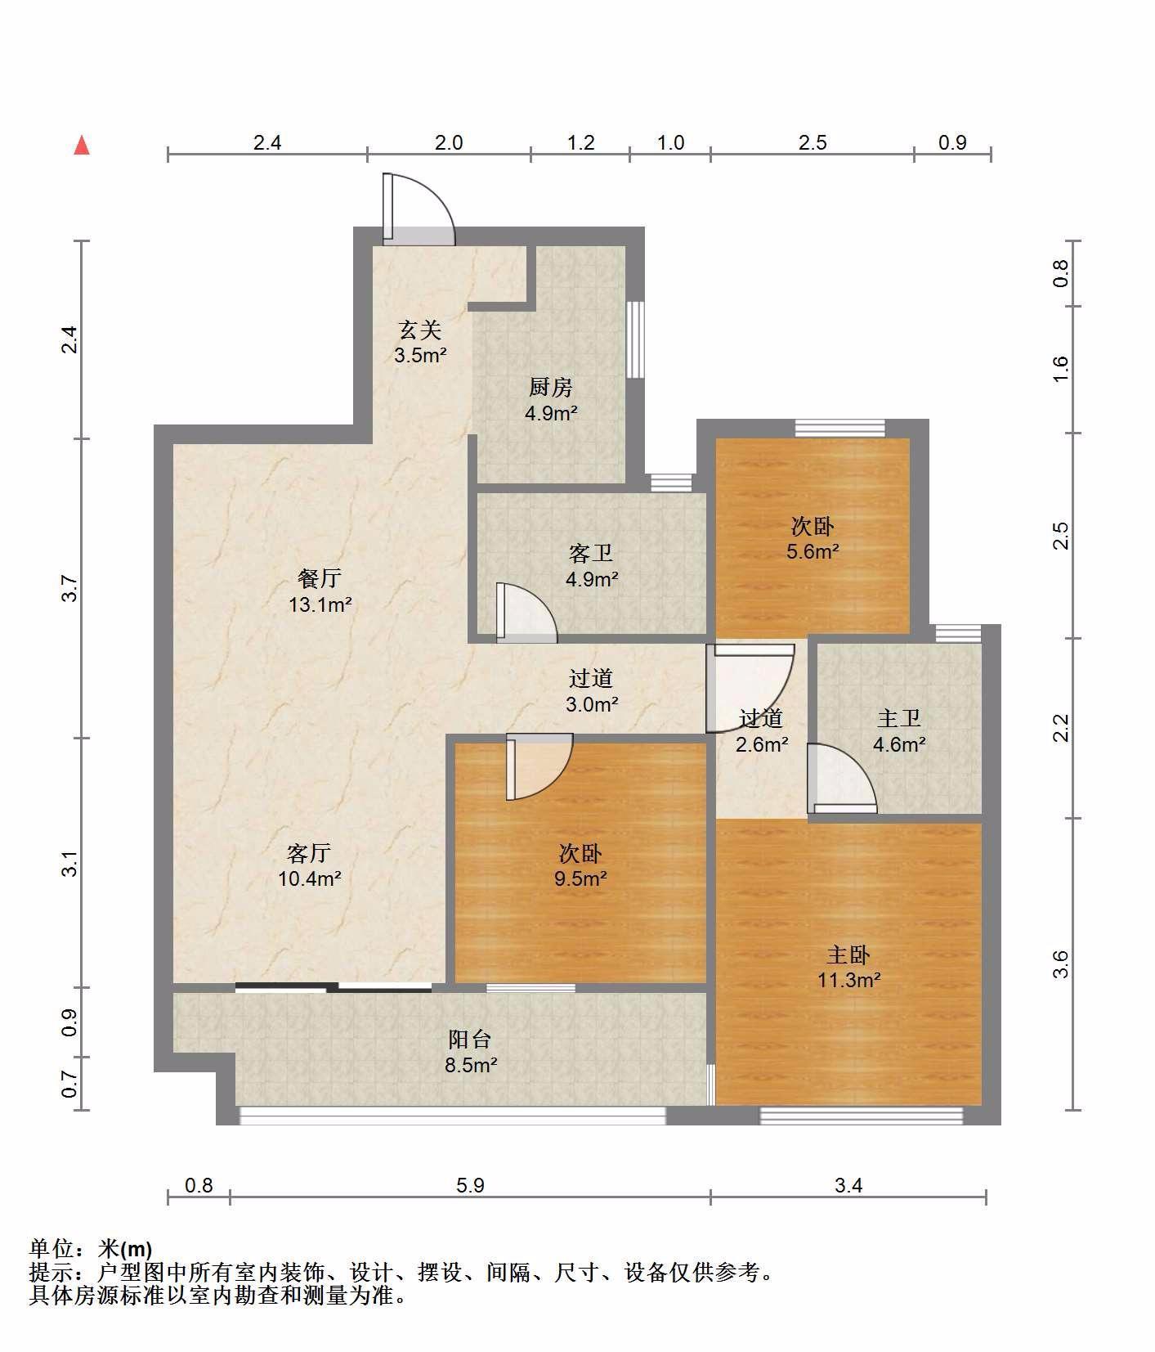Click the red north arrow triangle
[81, 146]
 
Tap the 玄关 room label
[420, 330]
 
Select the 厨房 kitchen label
[551, 388]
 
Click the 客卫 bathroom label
[591, 554]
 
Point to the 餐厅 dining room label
[320, 579]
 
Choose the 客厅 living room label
[309, 854]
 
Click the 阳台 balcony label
[470, 1040]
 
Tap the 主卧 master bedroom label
[848, 954]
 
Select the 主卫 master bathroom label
[899, 719]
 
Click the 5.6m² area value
[813, 552]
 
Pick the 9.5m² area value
[580, 879]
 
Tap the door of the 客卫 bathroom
[526, 612]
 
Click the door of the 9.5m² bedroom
[539, 767]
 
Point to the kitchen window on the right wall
[635, 339]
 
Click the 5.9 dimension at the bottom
[472, 1185]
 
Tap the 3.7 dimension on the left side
[71, 589]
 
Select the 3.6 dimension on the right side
[1060, 964]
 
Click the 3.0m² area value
[592, 703]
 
